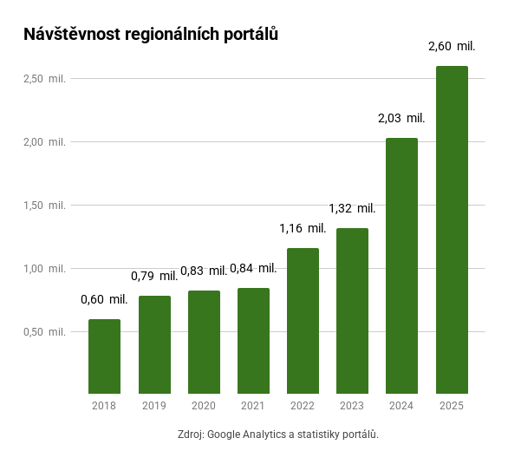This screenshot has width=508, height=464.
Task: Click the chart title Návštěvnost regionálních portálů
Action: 151,35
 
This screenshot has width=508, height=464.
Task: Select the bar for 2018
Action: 104,356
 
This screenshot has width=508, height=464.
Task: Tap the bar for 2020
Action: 204,342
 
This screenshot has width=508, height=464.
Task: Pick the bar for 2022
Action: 303,321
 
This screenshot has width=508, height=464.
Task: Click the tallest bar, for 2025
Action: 452,230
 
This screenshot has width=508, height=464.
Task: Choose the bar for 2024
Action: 402,265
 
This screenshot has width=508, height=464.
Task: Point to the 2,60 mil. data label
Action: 452,46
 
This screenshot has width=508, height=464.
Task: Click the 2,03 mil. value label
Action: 401,118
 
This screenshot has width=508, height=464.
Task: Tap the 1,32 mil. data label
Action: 352,208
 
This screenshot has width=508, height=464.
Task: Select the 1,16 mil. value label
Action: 303,228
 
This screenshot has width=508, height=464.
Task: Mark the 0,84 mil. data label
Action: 253,268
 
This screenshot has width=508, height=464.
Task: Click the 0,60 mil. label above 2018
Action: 104,299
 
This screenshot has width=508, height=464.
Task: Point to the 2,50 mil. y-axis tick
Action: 44,79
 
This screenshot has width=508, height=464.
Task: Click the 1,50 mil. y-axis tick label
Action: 44,206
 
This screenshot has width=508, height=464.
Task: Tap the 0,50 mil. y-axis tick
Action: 44,332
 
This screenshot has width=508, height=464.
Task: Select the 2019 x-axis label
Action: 153,406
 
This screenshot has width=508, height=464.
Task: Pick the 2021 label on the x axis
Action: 253,406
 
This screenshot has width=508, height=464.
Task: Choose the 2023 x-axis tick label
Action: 352,406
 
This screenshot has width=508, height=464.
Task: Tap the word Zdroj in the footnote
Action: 190,435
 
